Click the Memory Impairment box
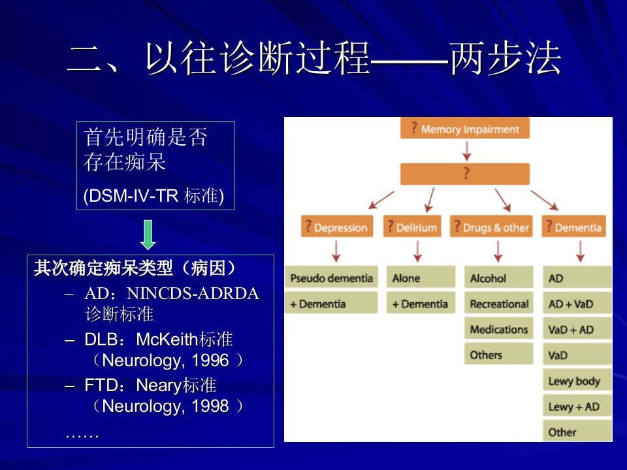464,128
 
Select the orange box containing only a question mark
464,174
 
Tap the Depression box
337,227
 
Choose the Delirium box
412,227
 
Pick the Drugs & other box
491,227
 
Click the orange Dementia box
574,227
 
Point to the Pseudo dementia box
332,277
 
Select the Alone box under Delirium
421,277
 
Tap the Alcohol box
498,277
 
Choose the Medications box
498,328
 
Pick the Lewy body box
577,380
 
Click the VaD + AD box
577,328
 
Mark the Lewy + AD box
577,405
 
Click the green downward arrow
148,234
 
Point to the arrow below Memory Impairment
466,151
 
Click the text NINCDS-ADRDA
193,293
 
